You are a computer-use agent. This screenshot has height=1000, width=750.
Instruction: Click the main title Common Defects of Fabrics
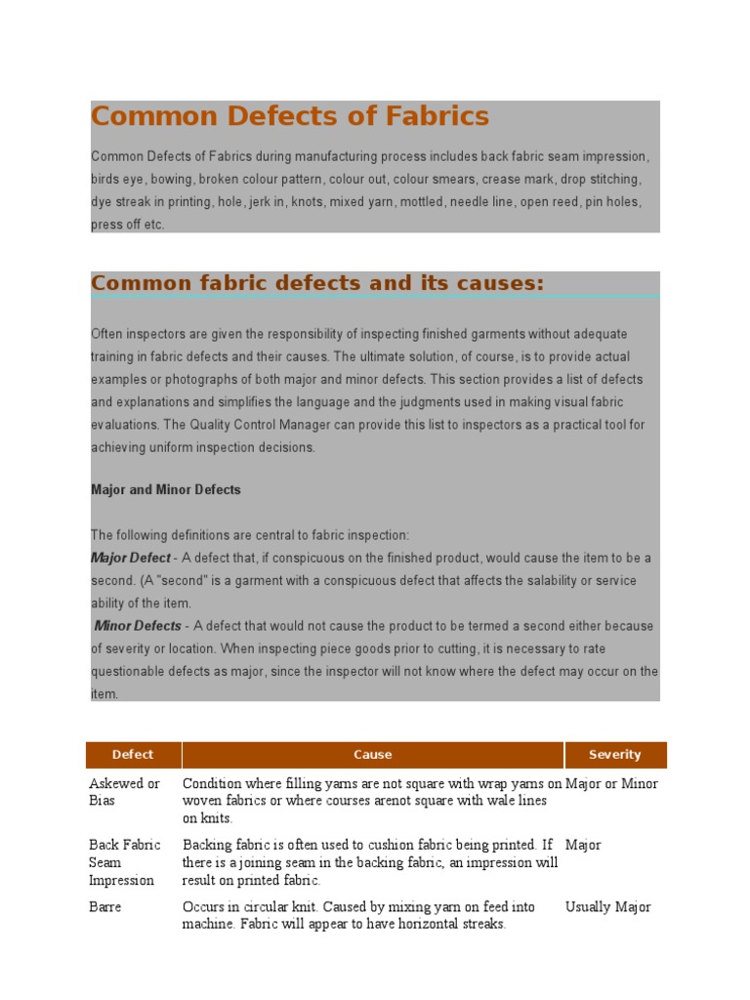289,117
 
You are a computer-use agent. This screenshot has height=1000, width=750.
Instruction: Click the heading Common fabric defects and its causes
317,283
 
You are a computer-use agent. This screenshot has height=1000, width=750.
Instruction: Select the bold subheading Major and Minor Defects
165,490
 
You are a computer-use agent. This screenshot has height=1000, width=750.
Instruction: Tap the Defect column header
133,755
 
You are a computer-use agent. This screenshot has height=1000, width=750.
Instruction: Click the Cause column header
372,755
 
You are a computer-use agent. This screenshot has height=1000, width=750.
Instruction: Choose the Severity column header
614,755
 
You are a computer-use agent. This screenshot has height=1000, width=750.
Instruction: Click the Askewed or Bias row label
124,792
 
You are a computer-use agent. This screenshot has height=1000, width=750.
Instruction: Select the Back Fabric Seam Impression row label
122,862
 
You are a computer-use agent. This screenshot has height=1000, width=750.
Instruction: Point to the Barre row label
105,907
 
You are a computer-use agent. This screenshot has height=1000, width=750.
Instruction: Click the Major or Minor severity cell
611,783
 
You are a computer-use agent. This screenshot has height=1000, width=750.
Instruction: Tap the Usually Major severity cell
607,907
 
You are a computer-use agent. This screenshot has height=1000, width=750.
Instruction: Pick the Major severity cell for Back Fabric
583,845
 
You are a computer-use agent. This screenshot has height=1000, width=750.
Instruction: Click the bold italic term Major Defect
131,559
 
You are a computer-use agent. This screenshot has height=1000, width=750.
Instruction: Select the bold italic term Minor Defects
138,626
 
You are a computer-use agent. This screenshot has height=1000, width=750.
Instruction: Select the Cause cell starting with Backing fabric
370,862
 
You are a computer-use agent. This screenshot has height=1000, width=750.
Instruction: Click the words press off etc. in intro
127,225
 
